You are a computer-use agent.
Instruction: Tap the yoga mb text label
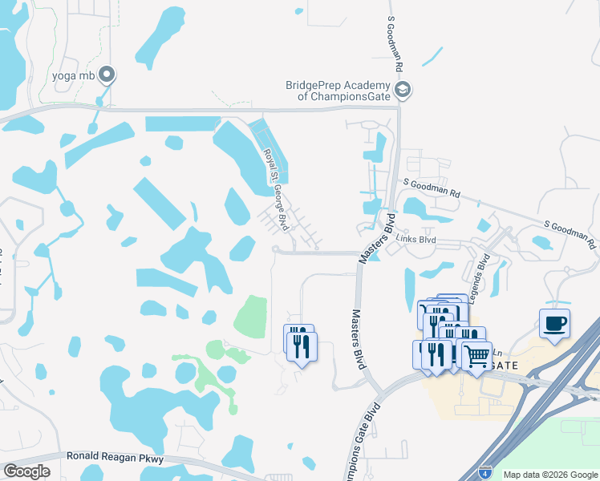pos(74,76)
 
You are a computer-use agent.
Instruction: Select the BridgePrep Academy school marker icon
pos(403,90)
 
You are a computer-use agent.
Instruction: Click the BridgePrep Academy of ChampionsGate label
pos(338,91)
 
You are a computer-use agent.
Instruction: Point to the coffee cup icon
pos(554,324)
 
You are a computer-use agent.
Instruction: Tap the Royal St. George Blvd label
pos(276,188)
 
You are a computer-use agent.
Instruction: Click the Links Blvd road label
pos(416,240)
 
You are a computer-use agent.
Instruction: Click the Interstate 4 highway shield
pos(485,472)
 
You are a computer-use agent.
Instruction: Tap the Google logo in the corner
pos(26,471)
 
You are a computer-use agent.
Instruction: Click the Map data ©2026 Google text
pos(549,475)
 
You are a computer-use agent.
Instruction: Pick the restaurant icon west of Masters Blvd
pos(302,346)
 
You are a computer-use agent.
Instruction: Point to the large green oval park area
pos(250,317)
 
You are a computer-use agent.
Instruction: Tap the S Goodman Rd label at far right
pos(569,233)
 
